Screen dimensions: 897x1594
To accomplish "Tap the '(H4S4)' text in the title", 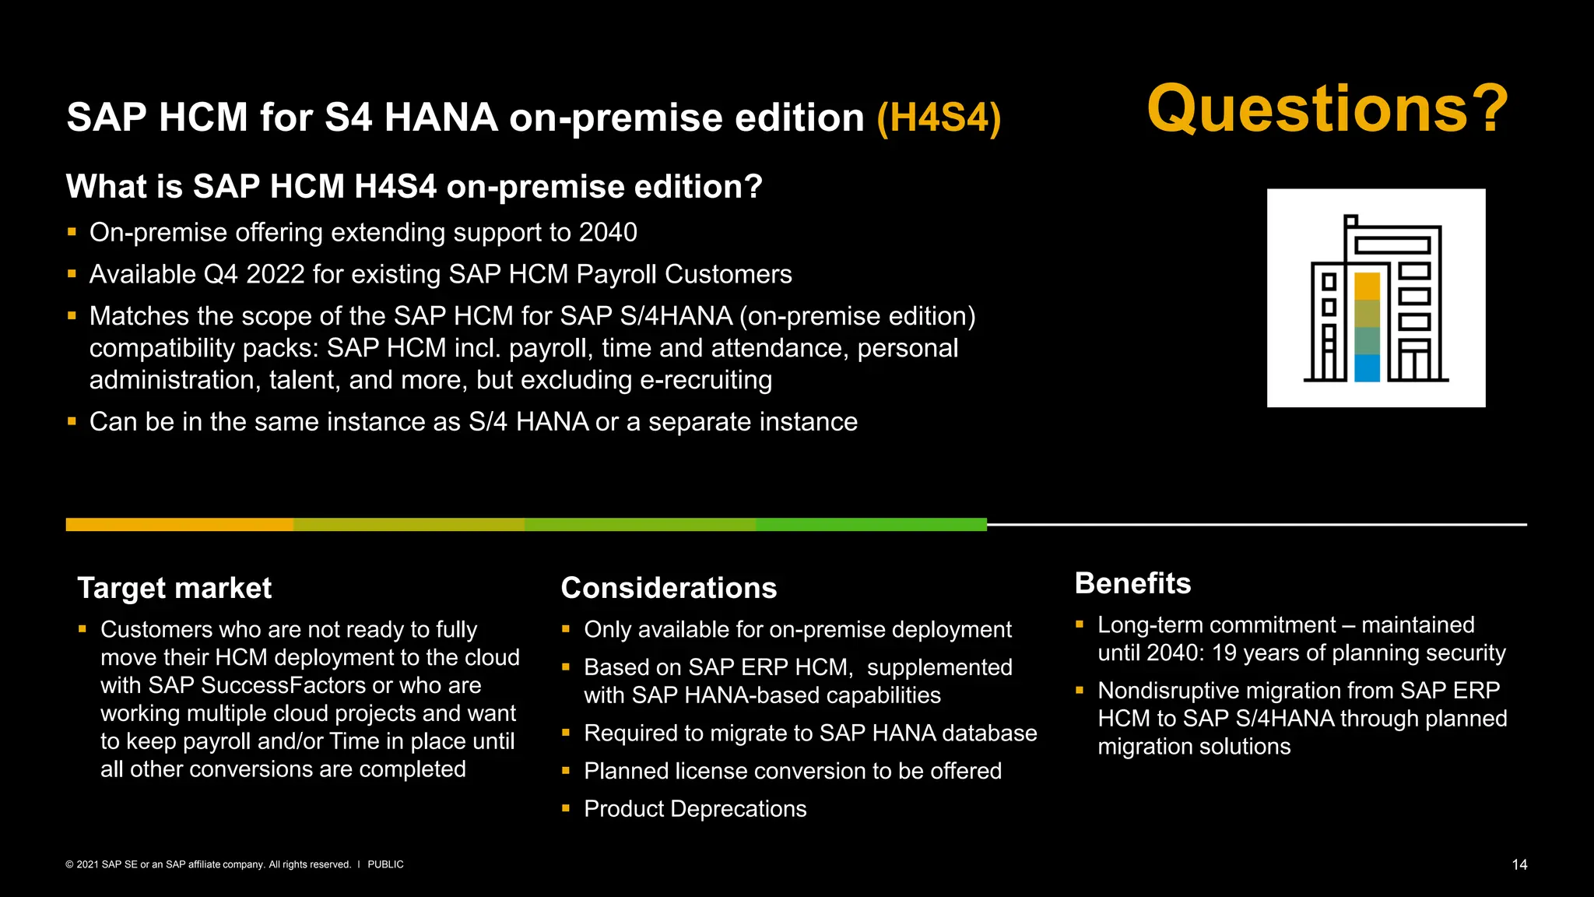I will coord(939,118).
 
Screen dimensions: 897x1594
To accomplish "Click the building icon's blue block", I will coord(1367,368).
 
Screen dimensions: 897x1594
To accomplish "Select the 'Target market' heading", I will coord(174,588).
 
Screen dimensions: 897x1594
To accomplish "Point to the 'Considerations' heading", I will coord(669,588).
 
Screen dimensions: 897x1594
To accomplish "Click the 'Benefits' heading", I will coord(1132,583).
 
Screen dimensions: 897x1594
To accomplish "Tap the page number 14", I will coord(1519,864).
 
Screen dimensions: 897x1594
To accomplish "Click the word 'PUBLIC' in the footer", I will coord(385,864).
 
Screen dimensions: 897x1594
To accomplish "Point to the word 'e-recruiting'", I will coord(705,380).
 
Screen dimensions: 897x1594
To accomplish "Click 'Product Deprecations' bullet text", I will coord(695,809).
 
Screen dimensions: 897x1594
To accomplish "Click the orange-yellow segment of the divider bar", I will coord(179,525).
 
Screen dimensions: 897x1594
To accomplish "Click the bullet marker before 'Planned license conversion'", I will coord(566,771).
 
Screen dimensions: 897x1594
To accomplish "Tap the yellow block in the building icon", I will coord(1367,286).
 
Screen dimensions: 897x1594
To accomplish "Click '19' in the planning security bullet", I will coord(1224,653).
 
